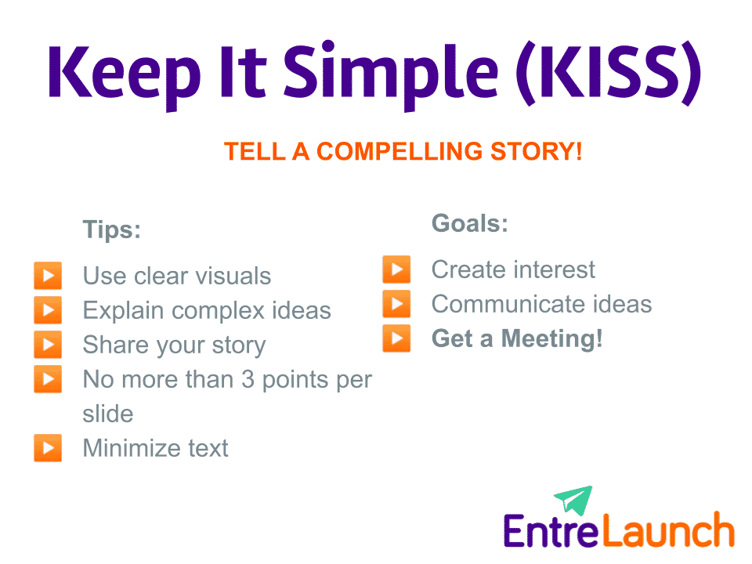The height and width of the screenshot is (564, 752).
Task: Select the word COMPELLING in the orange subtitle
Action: (x=399, y=151)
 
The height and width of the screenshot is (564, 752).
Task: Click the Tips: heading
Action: (x=112, y=230)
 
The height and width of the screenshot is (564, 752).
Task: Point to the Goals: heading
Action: (x=470, y=223)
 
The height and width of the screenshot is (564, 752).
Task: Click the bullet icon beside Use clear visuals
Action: (x=48, y=275)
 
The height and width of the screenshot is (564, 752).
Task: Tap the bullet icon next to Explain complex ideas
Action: (x=48, y=310)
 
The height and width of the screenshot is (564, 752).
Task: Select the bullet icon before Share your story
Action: (x=48, y=345)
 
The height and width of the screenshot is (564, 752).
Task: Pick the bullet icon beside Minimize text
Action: (x=48, y=447)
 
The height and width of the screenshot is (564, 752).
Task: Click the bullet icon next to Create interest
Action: (x=396, y=269)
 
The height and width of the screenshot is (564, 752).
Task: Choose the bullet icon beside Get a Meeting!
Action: (x=396, y=338)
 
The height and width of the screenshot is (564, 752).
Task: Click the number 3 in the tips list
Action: (x=248, y=379)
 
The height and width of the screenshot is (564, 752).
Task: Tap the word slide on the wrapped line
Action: (x=108, y=414)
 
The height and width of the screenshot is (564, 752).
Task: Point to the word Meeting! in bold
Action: (x=552, y=338)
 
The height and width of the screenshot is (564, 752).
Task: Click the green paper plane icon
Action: (x=574, y=500)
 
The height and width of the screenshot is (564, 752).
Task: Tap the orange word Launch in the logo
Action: (x=668, y=530)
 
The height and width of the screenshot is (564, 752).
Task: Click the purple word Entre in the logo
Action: (x=551, y=531)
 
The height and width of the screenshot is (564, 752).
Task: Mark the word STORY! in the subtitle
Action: (x=536, y=151)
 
